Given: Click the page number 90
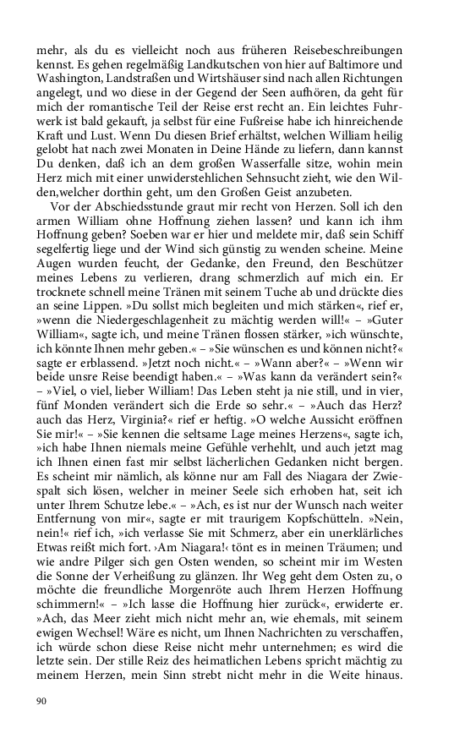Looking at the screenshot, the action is click(x=41, y=701).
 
